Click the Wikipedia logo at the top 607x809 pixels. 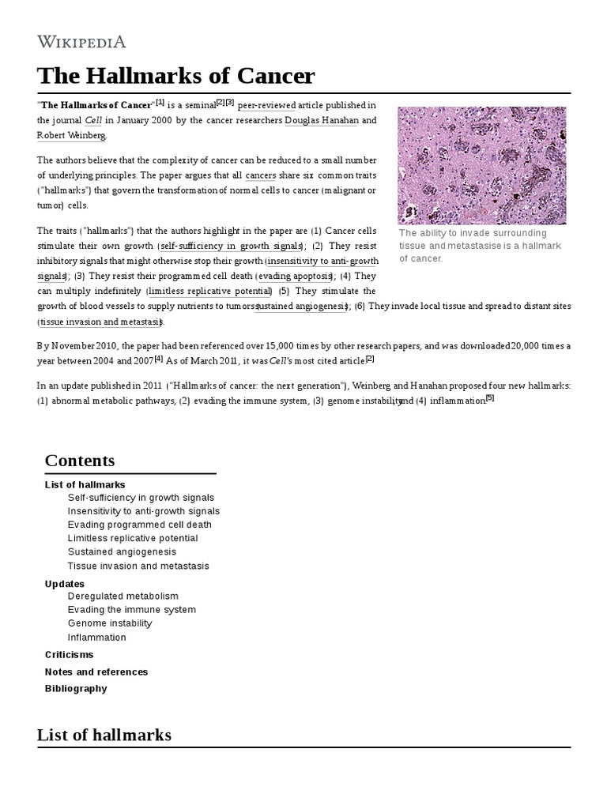coord(81,42)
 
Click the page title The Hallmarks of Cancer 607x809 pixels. coord(175,77)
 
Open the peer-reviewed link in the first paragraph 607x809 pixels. coord(266,105)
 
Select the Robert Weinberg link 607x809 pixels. coord(71,135)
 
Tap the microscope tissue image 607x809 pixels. coord(482,165)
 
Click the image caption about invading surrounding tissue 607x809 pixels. coord(480,246)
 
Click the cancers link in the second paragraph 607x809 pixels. coord(260,175)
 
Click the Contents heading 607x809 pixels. coord(80,461)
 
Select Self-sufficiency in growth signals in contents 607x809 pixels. coord(141,498)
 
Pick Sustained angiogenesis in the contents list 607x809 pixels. coord(122,551)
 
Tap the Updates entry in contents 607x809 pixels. coord(65,584)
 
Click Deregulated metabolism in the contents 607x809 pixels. coord(123,596)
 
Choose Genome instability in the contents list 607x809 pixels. coord(110,623)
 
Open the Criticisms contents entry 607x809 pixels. coord(70,655)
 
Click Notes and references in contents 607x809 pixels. coord(96,672)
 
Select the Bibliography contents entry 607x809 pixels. coord(76,688)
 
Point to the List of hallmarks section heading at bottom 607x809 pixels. coord(104,735)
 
